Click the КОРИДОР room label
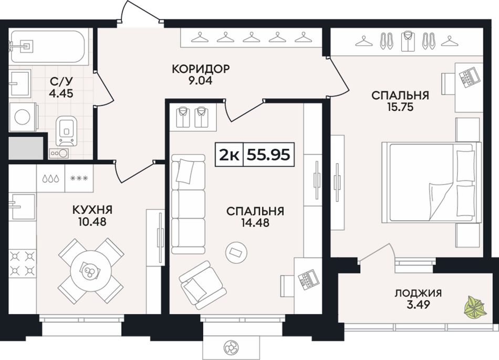pos(201,69)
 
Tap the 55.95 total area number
pos(268,155)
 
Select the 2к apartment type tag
pos(229,155)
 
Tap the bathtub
pos(47,47)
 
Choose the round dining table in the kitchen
pos(91,271)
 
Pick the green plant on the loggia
pos(474,306)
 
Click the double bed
pos(432,182)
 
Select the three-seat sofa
pos(188,204)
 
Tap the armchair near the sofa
pos(202,285)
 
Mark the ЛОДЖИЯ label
pos(418,293)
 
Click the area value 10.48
pos(92,222)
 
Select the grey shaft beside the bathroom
pos(25,148)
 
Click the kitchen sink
pos(22,207)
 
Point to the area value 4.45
pos(61,93)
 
